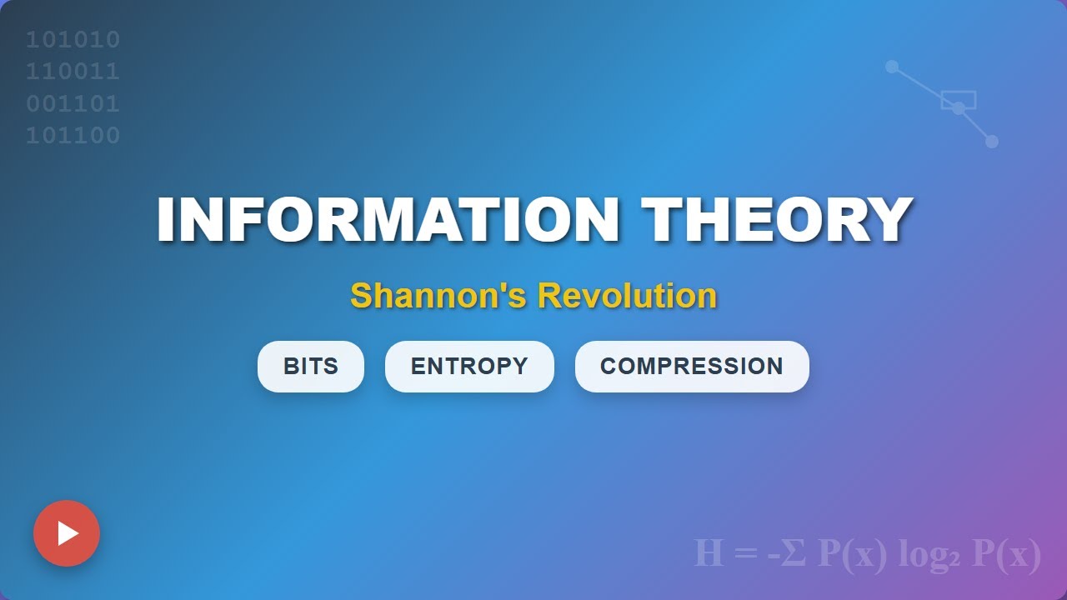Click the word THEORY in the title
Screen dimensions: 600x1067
coord(777,220)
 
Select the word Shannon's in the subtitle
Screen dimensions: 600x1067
coord(438,295)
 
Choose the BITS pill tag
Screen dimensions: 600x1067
coord(311,367)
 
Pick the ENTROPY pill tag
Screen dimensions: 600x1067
coord(469,367)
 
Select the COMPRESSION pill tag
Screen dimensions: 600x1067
coord(692,367)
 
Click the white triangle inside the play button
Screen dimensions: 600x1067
coord(68,533)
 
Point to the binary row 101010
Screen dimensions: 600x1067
coord(73,40)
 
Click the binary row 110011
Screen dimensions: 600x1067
coord(73,72)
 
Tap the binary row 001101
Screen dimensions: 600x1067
coord(73,104)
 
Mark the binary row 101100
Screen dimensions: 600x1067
coord(73,136)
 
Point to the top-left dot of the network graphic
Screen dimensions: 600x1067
coord(892,67)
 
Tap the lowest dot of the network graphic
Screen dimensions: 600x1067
coord(992,142)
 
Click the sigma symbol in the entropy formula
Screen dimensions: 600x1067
coord(793,553)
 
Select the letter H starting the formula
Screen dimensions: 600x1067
coord(709,553)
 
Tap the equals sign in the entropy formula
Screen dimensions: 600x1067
coord(746,553)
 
